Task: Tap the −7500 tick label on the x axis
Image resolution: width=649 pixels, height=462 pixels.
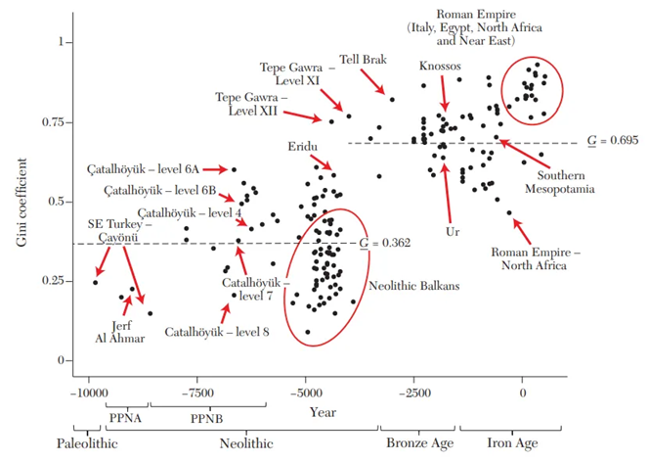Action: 198,393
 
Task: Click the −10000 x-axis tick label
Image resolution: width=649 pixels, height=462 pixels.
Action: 88,393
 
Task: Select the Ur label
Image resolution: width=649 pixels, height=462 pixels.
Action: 449,233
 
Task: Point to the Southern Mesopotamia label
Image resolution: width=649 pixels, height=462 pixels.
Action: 558,181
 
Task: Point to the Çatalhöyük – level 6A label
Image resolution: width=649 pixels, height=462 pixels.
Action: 157,168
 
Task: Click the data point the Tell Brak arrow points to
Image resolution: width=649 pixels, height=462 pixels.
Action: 392,99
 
